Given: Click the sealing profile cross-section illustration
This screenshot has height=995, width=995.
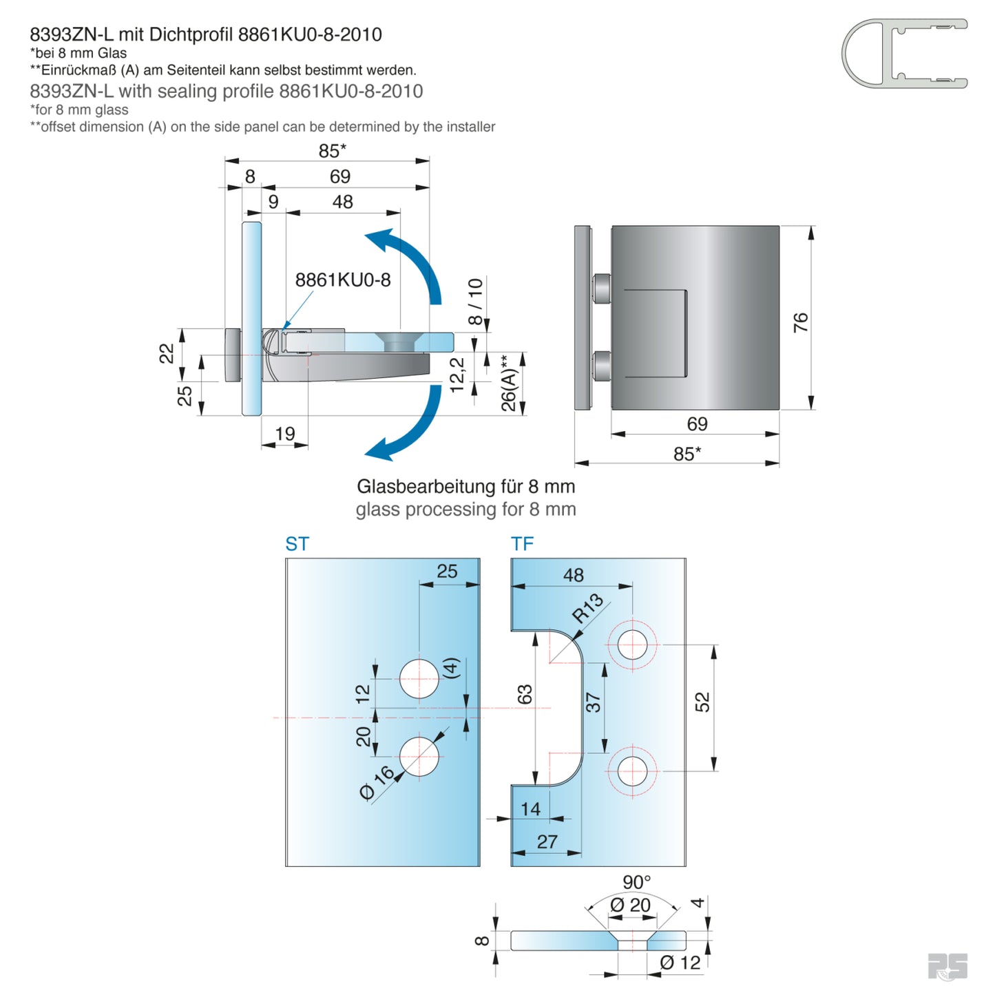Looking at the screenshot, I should (903, 54).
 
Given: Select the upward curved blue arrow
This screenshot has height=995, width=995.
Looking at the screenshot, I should (413, 262).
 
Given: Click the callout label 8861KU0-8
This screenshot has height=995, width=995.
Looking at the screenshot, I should (342, 280).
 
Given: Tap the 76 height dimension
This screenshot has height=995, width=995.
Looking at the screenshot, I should (800, 322).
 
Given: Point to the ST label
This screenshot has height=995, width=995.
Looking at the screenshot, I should (297, 544).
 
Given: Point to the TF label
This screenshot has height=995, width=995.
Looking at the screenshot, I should (522, 544).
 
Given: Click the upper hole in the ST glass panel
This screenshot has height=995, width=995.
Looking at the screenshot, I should (419, 679).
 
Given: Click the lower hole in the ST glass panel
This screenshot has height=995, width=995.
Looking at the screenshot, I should (419, 756).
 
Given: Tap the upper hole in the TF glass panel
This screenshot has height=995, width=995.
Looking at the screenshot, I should (632, 645).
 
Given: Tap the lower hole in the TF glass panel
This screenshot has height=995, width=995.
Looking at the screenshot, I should (632, 771).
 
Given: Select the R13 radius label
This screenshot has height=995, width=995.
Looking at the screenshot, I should (587, 608).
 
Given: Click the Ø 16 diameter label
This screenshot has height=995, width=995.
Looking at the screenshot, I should (377, 783).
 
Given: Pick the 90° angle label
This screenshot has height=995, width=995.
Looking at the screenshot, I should (636, 882).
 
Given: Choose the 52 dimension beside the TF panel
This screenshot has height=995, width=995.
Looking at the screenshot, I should (702, 702).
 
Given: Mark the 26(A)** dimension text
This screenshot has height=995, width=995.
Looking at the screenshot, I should (508, 383).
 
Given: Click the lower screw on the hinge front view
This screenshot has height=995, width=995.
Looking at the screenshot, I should (601, 365).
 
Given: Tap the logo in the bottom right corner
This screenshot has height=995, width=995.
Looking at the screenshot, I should (947, 966).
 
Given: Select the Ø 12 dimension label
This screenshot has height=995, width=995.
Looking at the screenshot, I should (680, 963).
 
